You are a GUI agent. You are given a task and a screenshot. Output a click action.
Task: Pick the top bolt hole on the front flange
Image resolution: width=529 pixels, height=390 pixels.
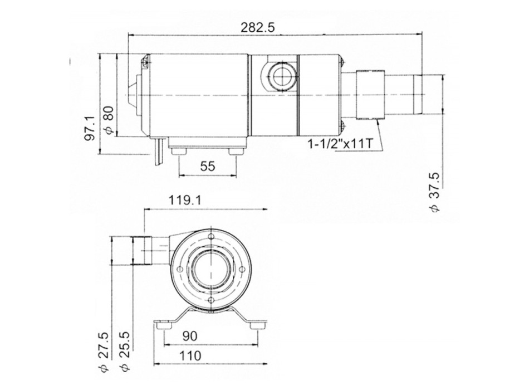[211, 238]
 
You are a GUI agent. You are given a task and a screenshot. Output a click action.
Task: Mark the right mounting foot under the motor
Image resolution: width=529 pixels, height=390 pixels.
[234, 152]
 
